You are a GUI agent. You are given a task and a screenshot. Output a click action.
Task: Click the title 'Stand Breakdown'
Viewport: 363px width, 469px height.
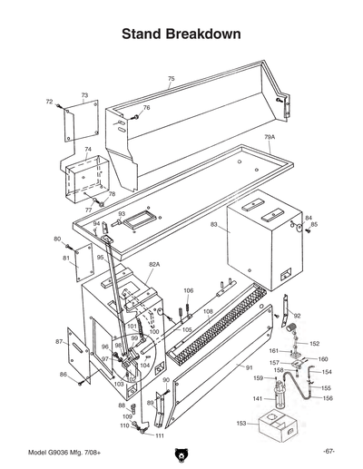(181, 34)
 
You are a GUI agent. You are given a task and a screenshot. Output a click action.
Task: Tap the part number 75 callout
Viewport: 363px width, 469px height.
(171, 80)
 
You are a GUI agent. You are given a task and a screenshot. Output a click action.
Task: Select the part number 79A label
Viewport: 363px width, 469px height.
(270, 137)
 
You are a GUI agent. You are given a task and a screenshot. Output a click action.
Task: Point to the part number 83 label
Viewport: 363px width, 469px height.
(214, 223)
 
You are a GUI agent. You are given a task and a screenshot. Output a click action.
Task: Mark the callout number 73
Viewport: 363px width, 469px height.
(84, 95)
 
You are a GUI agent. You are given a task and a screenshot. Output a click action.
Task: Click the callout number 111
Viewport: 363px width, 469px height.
(160, 436)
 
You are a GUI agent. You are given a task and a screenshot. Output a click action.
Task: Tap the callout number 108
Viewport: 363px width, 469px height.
(207, 311)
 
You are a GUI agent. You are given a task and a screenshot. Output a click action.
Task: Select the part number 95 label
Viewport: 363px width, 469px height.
(101, 258)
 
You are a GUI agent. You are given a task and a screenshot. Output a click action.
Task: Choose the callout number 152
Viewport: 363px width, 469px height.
(315, 344)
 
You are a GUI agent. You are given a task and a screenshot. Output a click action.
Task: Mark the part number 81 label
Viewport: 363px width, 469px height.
(66, 259)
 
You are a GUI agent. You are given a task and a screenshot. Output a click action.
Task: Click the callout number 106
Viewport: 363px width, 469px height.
(188, 291)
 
